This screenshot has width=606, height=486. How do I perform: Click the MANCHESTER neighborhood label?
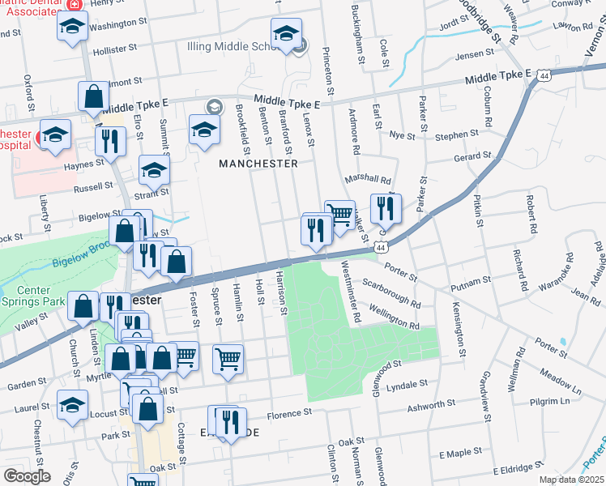[x=258, y=163]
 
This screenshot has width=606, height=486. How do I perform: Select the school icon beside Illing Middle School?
[x=286, y=36]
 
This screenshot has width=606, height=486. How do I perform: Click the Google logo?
[x=27, y=476]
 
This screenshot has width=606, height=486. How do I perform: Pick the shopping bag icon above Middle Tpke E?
[x=94, y=97]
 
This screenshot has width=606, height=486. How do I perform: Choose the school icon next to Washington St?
[x=72, y=29]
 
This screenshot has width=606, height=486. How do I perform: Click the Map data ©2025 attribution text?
[x=571, y=480]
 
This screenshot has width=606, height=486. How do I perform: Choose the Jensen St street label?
[x=474, y=53]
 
